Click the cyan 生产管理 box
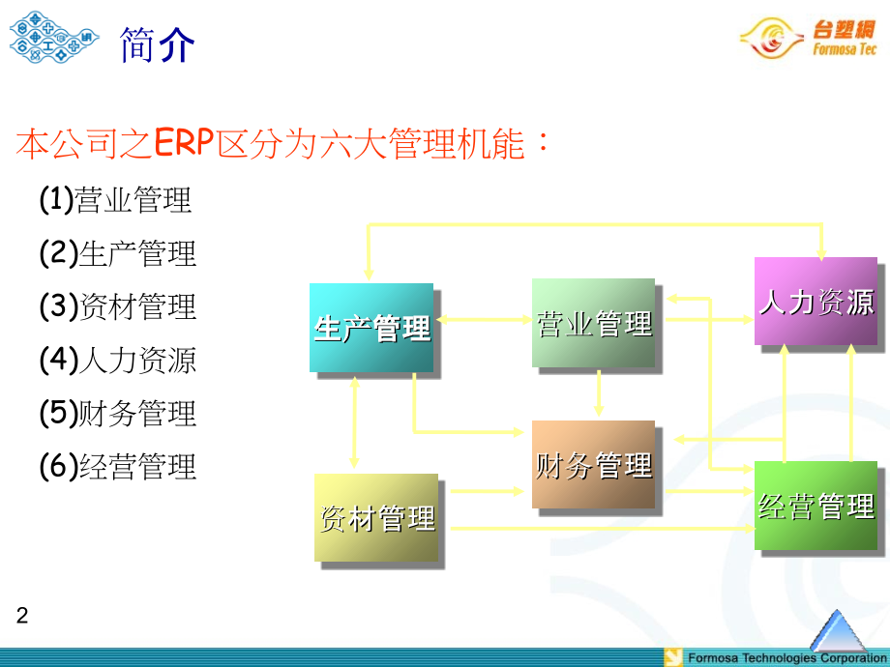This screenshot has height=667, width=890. (371, 328)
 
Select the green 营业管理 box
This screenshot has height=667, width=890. (593, 323)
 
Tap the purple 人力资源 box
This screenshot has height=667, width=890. (816, 301)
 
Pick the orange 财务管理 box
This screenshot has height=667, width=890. (593, 465)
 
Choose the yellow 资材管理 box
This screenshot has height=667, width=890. (375, 517)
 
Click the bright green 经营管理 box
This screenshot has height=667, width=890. (816, 506)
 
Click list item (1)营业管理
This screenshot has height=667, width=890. (116, 200)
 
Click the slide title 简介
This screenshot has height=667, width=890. (158, 43)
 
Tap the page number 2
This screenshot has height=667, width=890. (23, 616)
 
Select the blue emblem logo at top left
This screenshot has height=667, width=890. (53, 37)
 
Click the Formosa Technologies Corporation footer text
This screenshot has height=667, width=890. (786, 658)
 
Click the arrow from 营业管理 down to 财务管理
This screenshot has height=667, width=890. (599, 392)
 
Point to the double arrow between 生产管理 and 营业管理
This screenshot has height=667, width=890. (484, 318)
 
